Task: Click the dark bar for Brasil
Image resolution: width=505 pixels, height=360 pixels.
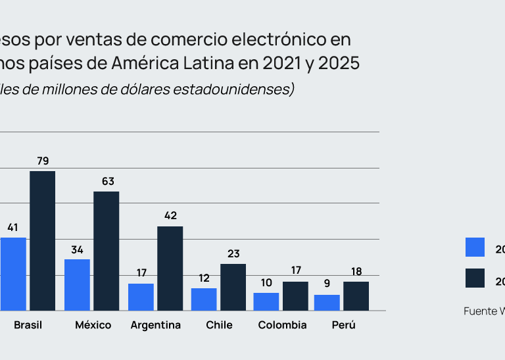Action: (x=43, y=241)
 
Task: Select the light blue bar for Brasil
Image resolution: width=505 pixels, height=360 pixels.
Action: (x=13, y=274)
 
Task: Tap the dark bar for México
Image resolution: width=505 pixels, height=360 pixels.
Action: (x=107, y=251)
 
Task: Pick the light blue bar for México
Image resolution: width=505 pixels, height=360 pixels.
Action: (x=77, y=285)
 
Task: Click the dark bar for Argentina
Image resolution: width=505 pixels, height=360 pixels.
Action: (x=170, y=269)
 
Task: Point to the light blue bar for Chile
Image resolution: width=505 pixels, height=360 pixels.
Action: (x=204, y=299)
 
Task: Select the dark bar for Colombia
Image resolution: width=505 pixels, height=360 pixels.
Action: (x=295, y=296)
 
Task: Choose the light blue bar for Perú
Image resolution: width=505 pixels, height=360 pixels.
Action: (x=327, y=303)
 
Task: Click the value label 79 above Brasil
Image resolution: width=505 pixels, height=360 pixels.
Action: (x=43, y=161)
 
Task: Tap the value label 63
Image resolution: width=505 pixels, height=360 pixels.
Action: (x=107, y=181)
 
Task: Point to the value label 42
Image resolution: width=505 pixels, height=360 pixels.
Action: (x=171, y=215)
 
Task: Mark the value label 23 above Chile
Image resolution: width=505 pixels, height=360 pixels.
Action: (x=233, y=253)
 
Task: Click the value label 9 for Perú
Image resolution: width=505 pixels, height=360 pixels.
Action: (x=327, y=284)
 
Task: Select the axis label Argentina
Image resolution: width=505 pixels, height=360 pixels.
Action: (x=156, y=325)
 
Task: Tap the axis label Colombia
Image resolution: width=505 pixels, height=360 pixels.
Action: (x=282, y=325)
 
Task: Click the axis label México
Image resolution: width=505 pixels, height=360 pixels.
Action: (x=93, y=325)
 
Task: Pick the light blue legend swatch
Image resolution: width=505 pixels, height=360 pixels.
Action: (x=475, y=247)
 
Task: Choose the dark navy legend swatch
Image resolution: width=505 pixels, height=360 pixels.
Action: (x=475, y=278)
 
